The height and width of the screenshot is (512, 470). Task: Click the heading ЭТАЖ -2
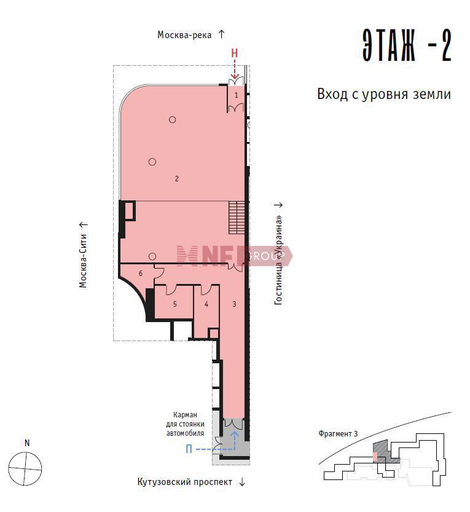click(x=407, y=45)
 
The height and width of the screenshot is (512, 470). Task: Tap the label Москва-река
click(x=184, y=35)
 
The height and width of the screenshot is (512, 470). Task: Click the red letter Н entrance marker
click(x=234, y=53)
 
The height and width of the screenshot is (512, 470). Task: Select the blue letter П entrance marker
click(x=189, y=449)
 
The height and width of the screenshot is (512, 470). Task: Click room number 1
click(x=237, y=95)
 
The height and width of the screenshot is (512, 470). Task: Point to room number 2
click(x=176, y=179)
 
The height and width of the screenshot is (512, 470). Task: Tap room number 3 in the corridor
click(x=234, y=304)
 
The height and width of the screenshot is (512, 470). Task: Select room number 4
click(x=206, y=304)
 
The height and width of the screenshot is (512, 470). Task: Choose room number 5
click(x=175, y=304)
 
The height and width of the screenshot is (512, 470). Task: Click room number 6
click(x=140, y=274)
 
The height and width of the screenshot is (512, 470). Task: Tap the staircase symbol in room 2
click(x=237, y=218)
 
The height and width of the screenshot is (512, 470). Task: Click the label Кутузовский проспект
click(x=185, y=482)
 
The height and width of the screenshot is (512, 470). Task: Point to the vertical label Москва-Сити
click(x=83, y=261)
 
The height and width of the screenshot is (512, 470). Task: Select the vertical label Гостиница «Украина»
click(x=278, y=260)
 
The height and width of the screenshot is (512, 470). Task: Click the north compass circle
click(x=25, y=469)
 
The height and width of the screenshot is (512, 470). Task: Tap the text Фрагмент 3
click(x=338, y=434)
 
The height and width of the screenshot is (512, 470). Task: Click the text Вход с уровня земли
click(x=384, y=95)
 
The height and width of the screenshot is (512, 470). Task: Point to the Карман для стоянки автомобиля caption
click(x=185, y=424)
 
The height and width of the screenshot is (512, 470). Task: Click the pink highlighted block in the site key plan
click(x=375, y=457)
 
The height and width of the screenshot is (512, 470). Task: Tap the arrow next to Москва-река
click(x=221, y=34)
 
